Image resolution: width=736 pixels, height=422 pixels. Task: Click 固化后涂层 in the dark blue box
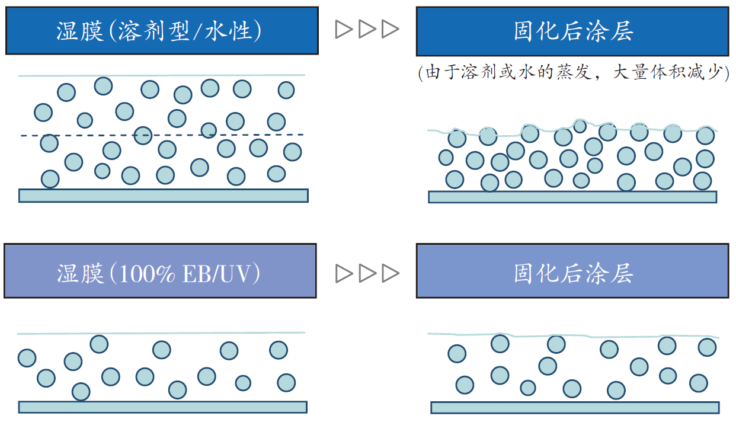(573, 31)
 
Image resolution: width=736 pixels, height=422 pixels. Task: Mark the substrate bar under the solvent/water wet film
(164, 196)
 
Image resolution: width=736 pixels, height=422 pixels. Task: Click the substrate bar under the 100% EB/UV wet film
(163, 407)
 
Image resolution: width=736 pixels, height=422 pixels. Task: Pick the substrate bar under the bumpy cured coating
(572, 197)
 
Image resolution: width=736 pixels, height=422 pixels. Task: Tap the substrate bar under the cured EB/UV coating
(575, 408)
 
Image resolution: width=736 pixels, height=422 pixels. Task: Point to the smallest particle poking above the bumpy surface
(580, 126)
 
